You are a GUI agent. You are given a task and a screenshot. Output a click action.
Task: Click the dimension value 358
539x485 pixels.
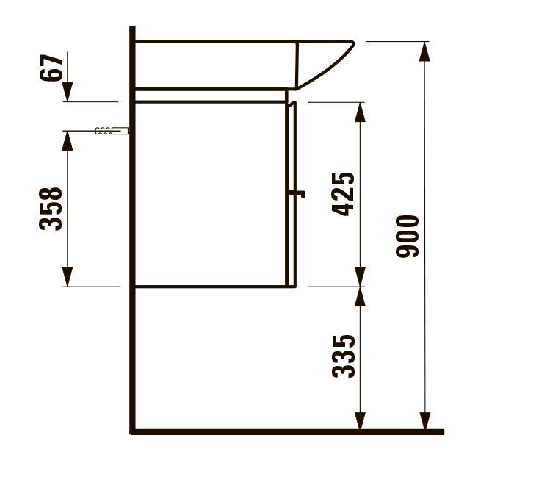[x=51, y=209]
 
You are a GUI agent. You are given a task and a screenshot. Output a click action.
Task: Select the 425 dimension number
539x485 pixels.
[x=344, y=193]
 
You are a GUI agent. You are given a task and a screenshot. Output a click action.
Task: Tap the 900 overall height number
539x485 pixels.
[x=408, y=236]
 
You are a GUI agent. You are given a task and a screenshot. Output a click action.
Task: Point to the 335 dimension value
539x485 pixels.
[x=344, y=356]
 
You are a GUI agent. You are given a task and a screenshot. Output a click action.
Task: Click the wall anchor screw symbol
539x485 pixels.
[x=111, y=132]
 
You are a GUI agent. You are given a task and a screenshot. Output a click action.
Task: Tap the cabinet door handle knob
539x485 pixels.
[x=298, y=195]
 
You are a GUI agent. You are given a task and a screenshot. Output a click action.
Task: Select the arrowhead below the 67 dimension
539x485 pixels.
[x=68, y=93]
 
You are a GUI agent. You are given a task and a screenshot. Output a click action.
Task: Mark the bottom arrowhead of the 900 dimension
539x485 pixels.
[x=424, y=422]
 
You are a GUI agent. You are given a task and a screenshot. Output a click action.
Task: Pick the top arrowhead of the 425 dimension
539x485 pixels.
[x=360, y=111]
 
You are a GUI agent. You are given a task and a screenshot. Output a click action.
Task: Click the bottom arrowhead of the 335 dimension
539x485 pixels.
[x=360, y=422]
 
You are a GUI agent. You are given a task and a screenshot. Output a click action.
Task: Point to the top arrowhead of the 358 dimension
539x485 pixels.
[x=68, y=140]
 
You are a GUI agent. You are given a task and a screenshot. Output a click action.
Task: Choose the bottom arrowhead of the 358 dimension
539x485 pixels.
[x=68, y=278]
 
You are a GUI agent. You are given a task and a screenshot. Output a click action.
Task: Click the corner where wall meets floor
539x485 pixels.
[x=133, y=431]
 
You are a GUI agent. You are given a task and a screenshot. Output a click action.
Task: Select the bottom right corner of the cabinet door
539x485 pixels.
[x=294, y=286]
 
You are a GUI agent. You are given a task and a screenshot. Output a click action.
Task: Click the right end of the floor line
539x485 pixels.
[x=442, y=431]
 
